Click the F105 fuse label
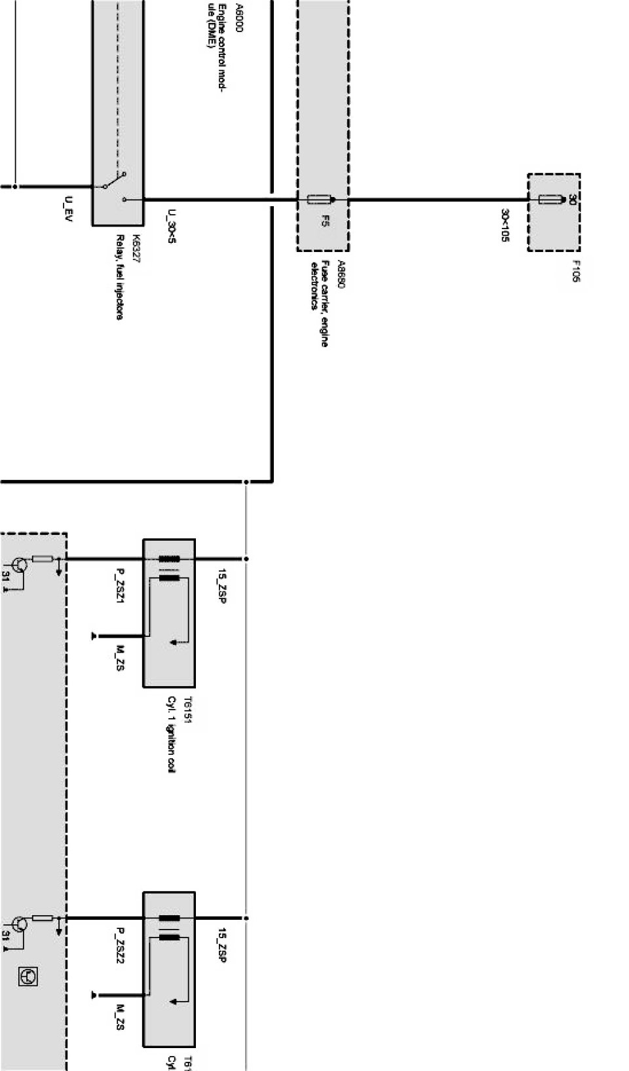point(576,271)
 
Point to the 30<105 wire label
point(505,226)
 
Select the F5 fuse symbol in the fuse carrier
point(321,199)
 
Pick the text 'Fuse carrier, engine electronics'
point(319,303)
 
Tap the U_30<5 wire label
point(172,226)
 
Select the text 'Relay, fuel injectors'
point(120,277)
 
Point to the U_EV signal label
point(69,208)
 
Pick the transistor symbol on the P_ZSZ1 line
point(20,564)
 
